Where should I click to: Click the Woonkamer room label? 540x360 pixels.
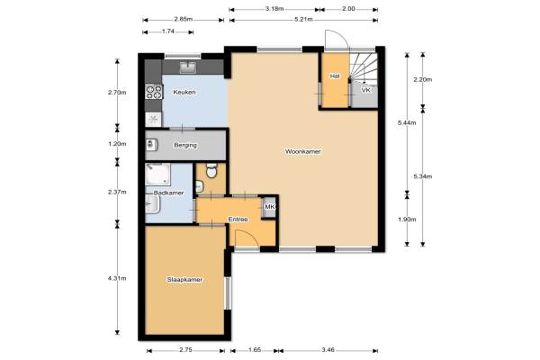pyautogui.click(x=302, y=151)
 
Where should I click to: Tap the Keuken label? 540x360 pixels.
pyautogui.click(x=184, y=92)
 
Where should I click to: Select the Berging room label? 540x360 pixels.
pyautogui.click(x=185, y=145)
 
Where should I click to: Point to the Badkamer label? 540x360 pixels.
pyautogui.click(x=169, y=193)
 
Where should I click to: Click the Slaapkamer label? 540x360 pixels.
pyautogui.click(x=184, y=279)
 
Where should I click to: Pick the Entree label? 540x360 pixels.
pyautogui.click(x=238, y=219)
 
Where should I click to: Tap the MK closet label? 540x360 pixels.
pyautogui.click(x=270, y=207)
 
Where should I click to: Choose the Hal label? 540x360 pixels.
pyautogui.click(x=335, y=76)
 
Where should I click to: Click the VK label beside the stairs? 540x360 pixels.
pyautogui.click(x=366, y=90)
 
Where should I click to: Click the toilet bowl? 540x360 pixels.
pyautogui.click(x=211, y=170)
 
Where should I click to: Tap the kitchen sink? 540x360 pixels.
pyautogui.click(x=188, y=67)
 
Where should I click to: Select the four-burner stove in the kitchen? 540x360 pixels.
pyautogui.click(x=154, y=92)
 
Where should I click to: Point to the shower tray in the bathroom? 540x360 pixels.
pyautogui.click(x=157, y=174)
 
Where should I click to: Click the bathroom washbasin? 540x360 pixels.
pyautogui.click(x=152, y=204)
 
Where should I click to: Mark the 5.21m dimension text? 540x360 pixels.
pyautogui.click(x=303, y=19)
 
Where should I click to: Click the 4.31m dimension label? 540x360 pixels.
pyautogui.click(x=117, y=278)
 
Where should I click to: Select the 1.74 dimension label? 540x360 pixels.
pyautogui.click(x=168, y=31)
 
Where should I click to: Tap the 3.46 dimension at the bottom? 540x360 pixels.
pyautogui.click(x=328, y=350)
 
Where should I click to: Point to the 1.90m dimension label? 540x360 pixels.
pyautogui.click(x=407, y=219)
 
